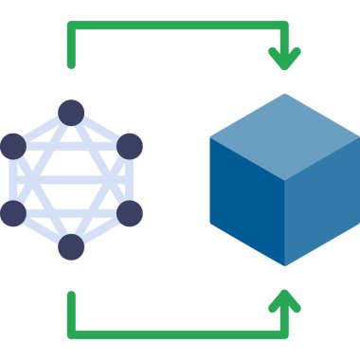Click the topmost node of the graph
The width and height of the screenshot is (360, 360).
pos(71,113)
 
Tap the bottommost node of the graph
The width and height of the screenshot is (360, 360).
pos(71,246)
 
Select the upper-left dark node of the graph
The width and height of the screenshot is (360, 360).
pos(13,146)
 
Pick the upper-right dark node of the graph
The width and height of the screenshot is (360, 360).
pos(129,146)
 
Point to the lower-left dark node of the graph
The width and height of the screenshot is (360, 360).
pos(13,213)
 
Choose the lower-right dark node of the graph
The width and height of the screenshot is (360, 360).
pos(129,213)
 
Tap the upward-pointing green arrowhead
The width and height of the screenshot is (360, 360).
pos(284,300)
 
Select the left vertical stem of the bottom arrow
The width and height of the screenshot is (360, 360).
pos(71,313)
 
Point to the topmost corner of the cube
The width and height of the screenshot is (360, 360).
pos(285,94)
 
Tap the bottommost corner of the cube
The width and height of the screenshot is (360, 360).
pos(285,265)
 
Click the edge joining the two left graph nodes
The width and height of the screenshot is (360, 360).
pos(13,180)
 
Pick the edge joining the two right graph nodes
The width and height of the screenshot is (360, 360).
pos(129,180)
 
